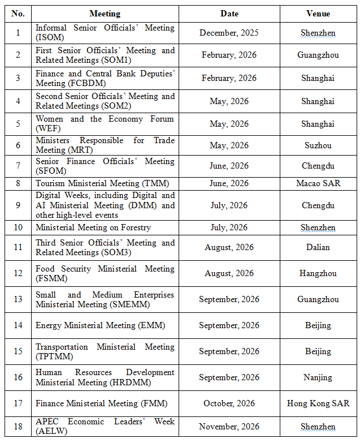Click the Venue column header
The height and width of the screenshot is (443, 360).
(318, 14)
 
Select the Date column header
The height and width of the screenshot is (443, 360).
(229, 14)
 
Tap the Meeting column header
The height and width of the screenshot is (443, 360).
(105, 14)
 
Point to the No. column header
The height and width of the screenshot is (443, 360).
(18, 14)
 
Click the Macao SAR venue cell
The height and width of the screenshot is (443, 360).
(318, 183)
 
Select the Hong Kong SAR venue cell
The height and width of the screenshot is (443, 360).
(318, 403)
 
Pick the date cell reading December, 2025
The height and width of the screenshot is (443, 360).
(229, 33)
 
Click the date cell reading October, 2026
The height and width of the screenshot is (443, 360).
(229, 403)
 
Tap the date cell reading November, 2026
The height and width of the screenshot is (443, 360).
(229, 427)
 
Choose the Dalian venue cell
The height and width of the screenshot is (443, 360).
(318, 247)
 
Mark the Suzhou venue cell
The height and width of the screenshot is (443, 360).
(318, 145)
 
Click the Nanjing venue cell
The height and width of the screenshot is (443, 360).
(318, 377)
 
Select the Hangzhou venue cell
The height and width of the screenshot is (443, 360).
(318, 273)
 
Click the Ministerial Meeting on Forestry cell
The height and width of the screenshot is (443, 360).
(93, 227)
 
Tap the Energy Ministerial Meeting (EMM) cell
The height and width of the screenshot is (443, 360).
(93, 325)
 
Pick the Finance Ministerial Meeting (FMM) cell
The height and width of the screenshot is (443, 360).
(94, 403)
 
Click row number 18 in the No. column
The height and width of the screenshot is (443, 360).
(18, 427)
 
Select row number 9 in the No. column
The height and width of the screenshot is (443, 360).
(18, 205)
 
